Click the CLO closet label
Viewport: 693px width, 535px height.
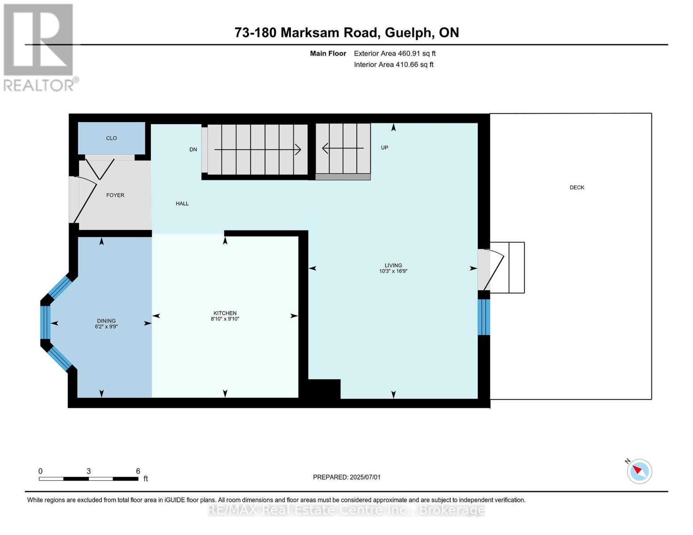tap(112, 138)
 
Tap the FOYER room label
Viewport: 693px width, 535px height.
tap(115, 195)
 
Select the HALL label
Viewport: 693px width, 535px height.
tap(182, 204)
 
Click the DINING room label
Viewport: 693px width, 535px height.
tap(106, 321)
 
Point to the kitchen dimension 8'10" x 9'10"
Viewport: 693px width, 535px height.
tap(225, 319)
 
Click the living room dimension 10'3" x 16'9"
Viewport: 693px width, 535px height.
tap(393, 271)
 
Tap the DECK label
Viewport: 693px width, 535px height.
tap(577, 188)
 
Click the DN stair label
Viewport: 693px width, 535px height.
tap(193, 150)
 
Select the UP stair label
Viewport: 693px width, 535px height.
tap(384, 148)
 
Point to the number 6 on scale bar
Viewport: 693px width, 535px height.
tap(138, 471)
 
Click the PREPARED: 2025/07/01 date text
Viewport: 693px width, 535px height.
tap(347, 477)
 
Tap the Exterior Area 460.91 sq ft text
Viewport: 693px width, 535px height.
tap(394, 53)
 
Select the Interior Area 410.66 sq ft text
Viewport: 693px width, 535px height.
tap(394, 65)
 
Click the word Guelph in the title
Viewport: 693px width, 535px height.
tap(408, 33)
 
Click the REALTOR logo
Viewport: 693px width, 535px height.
tap(39, 47)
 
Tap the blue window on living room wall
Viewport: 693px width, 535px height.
tap(484, 317)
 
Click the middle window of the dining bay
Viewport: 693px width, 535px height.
tap(45, 322)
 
